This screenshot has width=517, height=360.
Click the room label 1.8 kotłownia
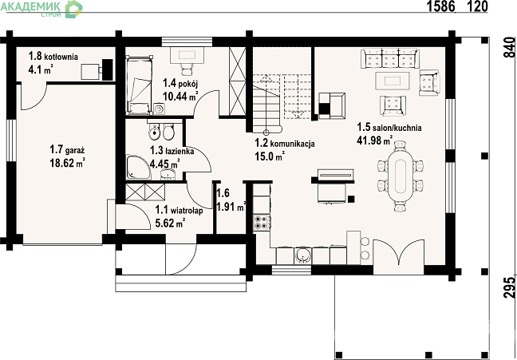[x=53, y=56]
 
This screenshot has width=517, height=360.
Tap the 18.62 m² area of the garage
[x=68, y=163]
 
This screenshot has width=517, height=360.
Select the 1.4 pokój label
[x=180, y=83]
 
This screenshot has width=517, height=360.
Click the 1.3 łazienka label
[x=172, y=151]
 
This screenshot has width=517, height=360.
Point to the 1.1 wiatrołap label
[x=179, y=210]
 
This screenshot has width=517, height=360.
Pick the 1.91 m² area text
[x=231, y=207]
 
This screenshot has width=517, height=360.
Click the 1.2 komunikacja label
[x=285, y=143]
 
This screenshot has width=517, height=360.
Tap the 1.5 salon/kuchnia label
[x=389, y=128]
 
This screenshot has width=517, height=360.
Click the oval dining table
[x=401, y=176]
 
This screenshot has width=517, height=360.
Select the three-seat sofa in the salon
[x=390, y=59]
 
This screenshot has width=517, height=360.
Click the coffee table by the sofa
[x=393, y=81]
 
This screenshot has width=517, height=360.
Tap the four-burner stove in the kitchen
[x=261, y=222]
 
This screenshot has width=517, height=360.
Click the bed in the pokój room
[x=140, y=85]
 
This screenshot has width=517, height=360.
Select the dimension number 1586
[x=441, y=6]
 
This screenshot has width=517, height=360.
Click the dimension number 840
[x=510, y=48]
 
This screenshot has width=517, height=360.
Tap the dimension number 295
[x=510, y=287]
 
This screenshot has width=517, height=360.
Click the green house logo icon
[x=73, y=10]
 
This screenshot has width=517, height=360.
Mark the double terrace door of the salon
[x=398, y=252]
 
